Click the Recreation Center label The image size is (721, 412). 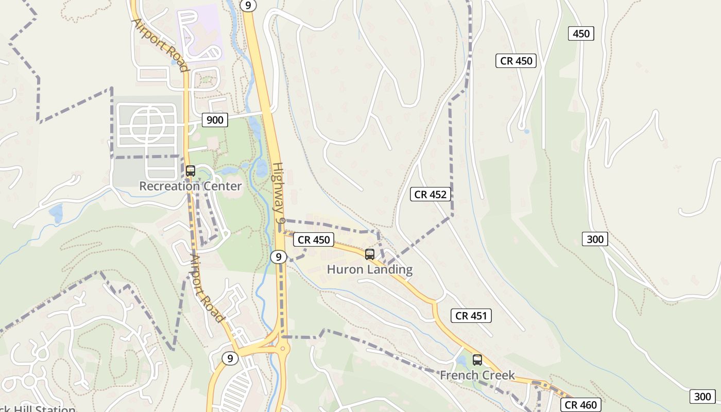click(190, 186)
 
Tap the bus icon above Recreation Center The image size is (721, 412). click(191, 171)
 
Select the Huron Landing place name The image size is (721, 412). click(370, 269)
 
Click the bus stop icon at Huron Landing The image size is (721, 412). click(370, 254)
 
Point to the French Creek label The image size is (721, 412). click(477, 375)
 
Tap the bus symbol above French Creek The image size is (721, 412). click(477, 360)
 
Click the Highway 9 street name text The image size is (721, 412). click(279, 193)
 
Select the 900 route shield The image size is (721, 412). click(215, 120)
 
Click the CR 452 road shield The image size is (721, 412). click(431, 194)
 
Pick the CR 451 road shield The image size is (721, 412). click(471, 316)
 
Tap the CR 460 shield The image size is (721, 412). click(581, 405)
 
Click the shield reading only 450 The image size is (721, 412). click(581, 34)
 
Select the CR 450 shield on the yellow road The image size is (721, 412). click(314, 239)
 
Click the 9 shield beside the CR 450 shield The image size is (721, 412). click(278, 256)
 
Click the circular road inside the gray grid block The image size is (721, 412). click(147, 126)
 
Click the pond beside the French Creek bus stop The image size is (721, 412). click(462, 360)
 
